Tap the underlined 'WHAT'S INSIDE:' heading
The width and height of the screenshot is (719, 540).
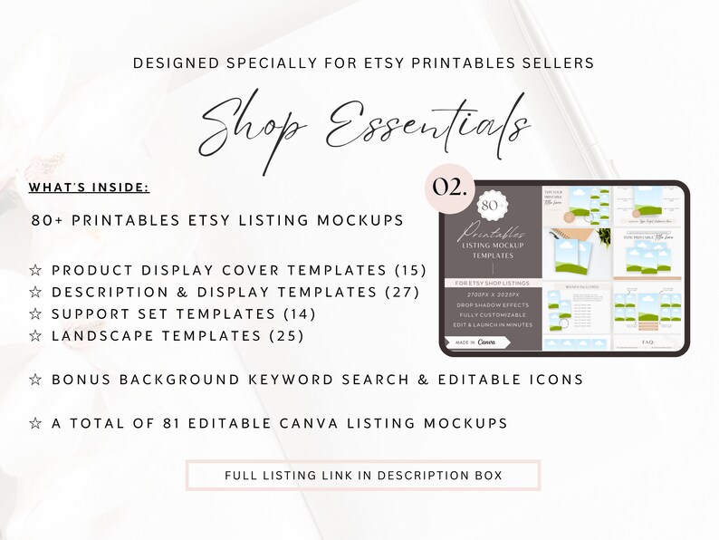tap(88, 188)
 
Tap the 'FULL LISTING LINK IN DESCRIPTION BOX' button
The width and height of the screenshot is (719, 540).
tap(362, 475)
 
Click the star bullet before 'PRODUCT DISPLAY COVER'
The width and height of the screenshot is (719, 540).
tap(36, 270)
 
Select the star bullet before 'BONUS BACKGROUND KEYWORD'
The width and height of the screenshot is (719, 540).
tap(36, 378)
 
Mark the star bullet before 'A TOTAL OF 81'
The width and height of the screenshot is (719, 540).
tap(36, 422)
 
